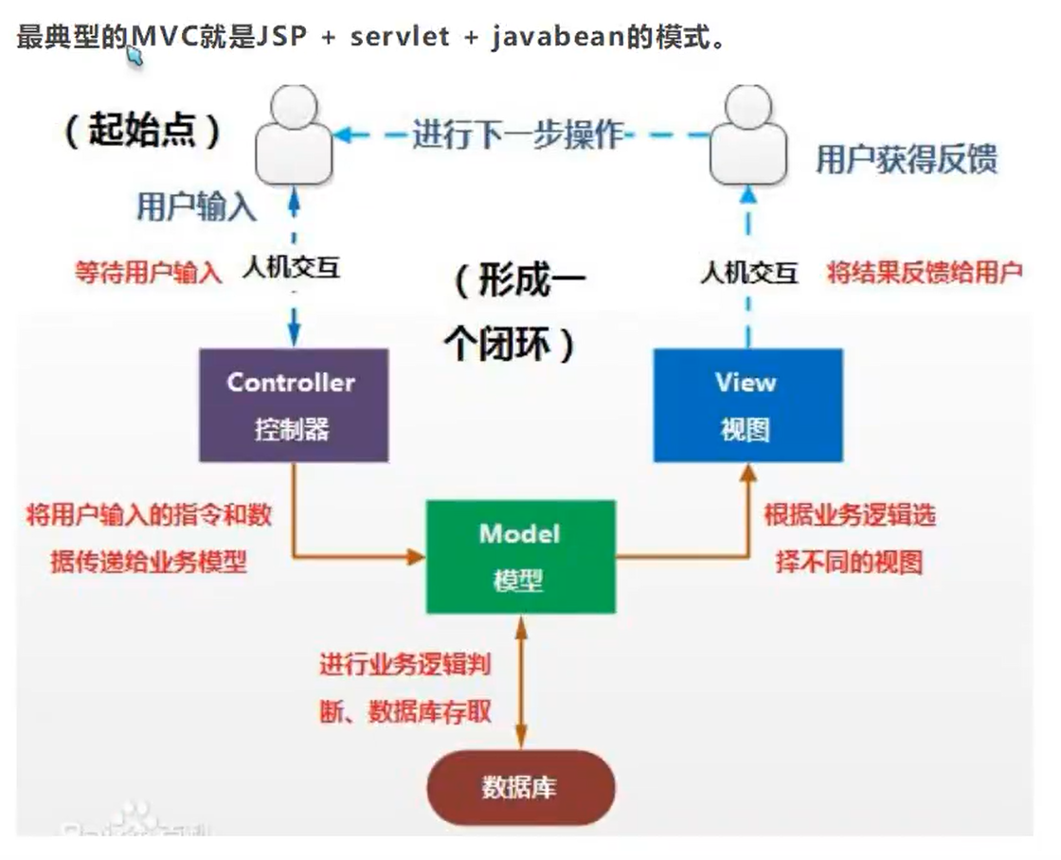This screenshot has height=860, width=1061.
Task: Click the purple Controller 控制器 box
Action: click(x=293, y=404)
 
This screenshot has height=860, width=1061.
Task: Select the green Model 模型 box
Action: click(x=520, y=556)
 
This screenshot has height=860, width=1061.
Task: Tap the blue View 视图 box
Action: click(x=747, y=404)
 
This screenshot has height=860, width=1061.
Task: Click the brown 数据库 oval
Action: click(x=520, y=787)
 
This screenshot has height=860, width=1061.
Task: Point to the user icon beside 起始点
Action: click(x=294, y=137)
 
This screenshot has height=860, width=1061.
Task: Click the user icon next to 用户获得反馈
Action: click(x=748, y=137)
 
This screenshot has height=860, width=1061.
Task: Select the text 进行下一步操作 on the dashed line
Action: click(x=517, y=134)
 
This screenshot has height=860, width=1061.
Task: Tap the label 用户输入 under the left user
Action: click(x=196, y=207)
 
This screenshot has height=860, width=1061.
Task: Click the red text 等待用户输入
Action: click(x=149, y=273)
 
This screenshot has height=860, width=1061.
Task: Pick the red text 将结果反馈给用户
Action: click(x=925, y=273)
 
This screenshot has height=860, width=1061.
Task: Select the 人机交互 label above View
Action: click(x=748, y=273)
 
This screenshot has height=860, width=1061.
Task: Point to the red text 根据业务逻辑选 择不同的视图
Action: click(x=850, y=538)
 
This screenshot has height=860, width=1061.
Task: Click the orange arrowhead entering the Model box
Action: click(x=417, y=556)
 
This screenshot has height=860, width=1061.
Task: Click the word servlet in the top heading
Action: click(x=400, y=39)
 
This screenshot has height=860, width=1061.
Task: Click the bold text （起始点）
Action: click(x=142, y=130)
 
